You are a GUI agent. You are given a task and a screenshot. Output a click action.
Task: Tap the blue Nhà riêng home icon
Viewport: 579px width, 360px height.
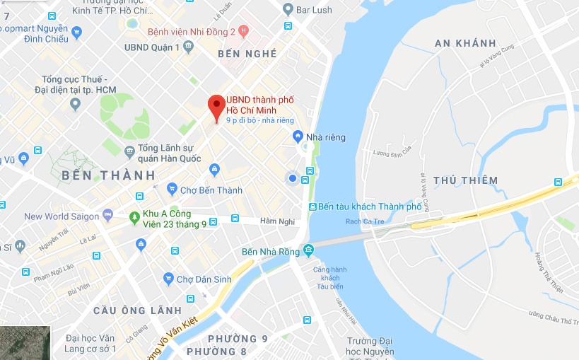(298, 136)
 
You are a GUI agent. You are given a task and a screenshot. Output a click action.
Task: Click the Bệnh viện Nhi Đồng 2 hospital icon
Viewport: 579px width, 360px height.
(243, 30)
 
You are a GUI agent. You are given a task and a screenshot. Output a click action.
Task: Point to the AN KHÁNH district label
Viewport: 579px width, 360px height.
(465, 43)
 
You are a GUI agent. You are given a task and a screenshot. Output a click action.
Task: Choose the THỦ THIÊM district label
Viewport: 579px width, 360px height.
(465, 180)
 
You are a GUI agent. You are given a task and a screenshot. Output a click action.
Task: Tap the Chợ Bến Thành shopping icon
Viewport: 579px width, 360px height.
(172, 189)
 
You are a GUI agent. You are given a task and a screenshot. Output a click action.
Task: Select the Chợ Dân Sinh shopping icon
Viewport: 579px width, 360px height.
(168, 279)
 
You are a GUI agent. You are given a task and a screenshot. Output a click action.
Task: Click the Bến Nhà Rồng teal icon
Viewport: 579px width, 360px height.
(308, 250)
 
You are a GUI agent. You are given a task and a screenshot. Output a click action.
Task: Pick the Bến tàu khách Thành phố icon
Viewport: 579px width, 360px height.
(312, 207)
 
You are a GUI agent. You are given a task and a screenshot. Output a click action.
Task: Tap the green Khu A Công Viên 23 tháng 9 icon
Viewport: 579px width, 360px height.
(134, 219)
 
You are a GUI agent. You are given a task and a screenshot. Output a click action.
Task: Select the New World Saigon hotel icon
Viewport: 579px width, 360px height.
(107, 215)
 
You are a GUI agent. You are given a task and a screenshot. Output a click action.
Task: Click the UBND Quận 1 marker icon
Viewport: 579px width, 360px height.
(188, 47)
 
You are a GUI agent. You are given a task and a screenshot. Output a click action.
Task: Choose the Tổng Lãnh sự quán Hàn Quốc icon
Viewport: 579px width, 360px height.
(129, 151)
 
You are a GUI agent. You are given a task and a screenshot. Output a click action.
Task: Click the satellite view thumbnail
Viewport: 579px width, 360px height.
(25, 342)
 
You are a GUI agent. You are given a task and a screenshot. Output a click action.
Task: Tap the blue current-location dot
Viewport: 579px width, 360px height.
(292, 178)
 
